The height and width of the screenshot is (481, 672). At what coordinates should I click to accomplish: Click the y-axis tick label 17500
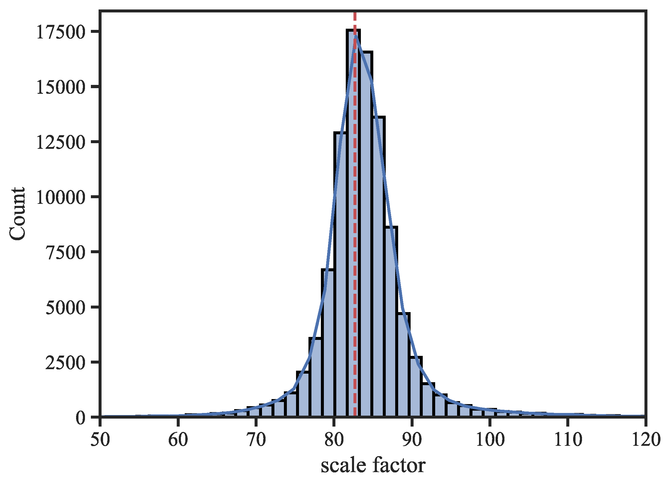(x=61, y=32)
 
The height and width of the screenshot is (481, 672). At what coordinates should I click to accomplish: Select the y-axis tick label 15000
(x=61, y=88)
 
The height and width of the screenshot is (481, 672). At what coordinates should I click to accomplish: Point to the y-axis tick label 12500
(x=61, y=143)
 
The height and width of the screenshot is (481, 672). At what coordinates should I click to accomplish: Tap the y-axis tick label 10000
(x=61, y=198)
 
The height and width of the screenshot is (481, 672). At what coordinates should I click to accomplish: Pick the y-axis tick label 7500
(x=65, y=253)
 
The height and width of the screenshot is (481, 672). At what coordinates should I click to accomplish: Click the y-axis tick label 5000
(x=65, y=308)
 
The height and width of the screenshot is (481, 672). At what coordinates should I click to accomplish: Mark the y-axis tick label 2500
(x=65, y=363)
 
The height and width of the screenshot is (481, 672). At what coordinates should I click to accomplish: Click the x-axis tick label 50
(x=100, y=440)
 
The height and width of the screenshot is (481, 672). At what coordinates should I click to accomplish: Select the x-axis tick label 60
(x=178, y=440)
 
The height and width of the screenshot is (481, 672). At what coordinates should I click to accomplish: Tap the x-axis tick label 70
(x=256, y=440)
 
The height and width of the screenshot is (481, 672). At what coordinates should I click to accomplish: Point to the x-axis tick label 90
(x=412, y=440)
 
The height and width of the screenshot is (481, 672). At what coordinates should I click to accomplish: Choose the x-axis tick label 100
(x=490, y=440)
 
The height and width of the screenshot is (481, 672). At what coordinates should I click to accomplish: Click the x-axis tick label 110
(x=568, y=440)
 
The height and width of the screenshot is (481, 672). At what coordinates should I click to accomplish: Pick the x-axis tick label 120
(x=646, y=440)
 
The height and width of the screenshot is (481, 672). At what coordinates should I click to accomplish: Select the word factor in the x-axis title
(x=399, y=465)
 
